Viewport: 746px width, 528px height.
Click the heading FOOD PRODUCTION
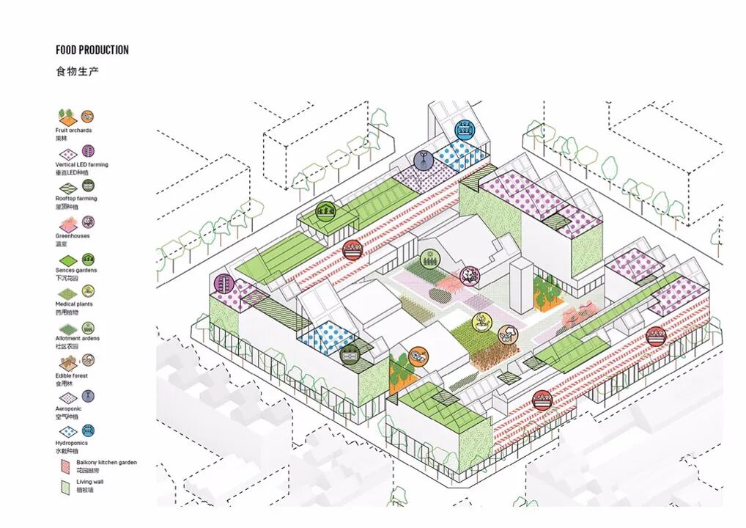pos(92,50)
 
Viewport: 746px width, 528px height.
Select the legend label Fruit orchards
pos(73,131)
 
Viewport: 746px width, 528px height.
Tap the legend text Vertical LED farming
pos(81,165)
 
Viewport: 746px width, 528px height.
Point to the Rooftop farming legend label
pos(75,199)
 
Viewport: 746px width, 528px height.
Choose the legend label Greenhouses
pos(73,236)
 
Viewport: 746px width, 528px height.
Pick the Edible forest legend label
pos(71,375)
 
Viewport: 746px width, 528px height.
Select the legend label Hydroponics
pos(71,443)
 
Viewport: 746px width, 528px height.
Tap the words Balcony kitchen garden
pos(106,463)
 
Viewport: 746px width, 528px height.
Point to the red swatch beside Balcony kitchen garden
pos(64,465)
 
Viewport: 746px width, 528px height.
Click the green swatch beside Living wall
pos(64,485)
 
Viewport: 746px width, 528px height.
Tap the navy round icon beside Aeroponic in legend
pos(88,397)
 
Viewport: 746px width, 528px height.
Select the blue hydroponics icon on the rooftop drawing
pos(463,130)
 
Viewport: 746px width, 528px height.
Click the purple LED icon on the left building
pos(224,284)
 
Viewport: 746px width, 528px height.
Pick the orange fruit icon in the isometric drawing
pos(416,356)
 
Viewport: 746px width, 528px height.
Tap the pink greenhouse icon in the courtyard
pos(467,276)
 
